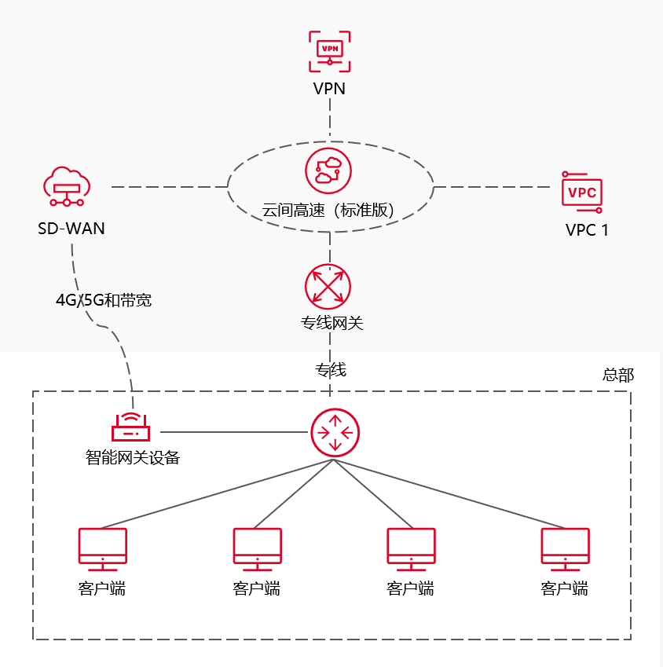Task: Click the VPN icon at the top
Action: pos(329,52)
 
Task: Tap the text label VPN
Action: pos(329,88)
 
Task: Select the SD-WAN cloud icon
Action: pos(67,188)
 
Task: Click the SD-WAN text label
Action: pos(71,229)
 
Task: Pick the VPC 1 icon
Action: pos(582,192)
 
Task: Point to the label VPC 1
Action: pos(587,230)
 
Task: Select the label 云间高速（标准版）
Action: pos(328,210)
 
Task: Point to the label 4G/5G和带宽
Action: pos(104,300)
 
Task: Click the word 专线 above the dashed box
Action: pos(331,370)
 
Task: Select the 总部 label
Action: pos(618,375)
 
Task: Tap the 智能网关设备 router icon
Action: pos(131,429)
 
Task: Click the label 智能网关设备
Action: pos(133,457)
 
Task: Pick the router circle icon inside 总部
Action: pos(335,432)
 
